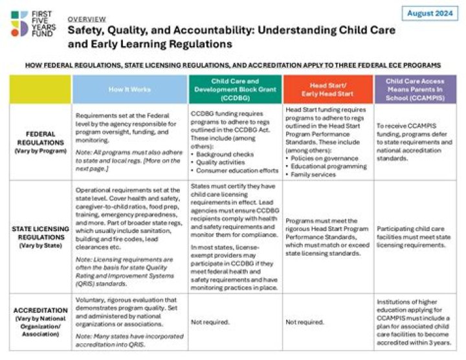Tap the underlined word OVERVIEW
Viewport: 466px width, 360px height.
(x=87, y=19)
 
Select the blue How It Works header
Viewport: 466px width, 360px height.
(x=129, y=89)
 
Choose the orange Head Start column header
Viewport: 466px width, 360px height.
(x=328, y=89)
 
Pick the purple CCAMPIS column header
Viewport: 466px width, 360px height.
(x=416, y=89)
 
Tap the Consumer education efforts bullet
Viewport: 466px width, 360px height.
(x=231, y=174)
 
